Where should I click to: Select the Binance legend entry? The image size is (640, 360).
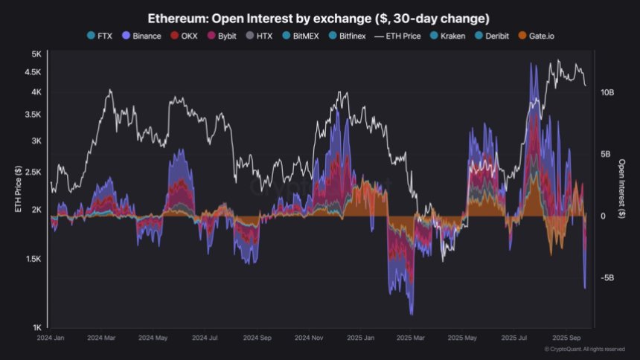pyautogui.click(x=141, y=36)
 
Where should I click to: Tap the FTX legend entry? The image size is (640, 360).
pyautogui.click(x=101, y=36)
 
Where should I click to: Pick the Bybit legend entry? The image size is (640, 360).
pyautogui.click(x=233, y=36)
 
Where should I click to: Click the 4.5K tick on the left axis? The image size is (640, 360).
pyautogui.click(x=33, y=73)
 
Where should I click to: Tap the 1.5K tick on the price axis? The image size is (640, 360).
pyautogui.click(x=33, y=259)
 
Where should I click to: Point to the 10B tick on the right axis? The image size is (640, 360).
pyautogui.click(x=607, y=92)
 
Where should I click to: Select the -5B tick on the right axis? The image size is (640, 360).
pyautogui.click(x=607, y=277)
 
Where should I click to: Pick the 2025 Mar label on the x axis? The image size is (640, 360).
pyautogui.click(x=411, y=337)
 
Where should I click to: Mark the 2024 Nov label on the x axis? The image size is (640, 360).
pyautogui.click(x=307, y=337)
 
